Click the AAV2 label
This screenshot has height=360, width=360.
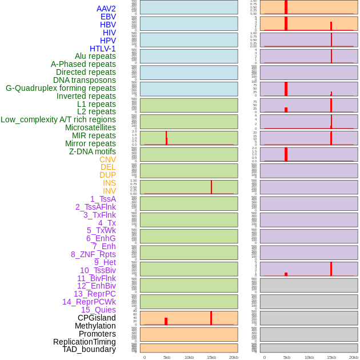(106, 9)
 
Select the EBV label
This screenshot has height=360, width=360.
(108, 17)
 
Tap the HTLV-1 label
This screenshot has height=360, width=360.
(103, 49)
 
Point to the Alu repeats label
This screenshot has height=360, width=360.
(95, 56)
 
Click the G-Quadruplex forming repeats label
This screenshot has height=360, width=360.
(61, 88)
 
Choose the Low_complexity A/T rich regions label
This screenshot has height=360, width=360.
(58, 119)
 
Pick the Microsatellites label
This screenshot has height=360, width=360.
(90, 127)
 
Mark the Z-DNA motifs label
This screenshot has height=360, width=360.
(93, 151)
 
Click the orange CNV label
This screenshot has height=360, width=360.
(107, 159)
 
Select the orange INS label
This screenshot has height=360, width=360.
(109, 183)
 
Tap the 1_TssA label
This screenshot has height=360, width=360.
(103, 199)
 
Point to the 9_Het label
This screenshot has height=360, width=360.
(105, 262)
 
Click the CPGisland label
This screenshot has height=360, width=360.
(97, 318)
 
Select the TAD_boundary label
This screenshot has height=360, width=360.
(89, 349)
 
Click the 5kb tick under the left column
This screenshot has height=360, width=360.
(167, 357)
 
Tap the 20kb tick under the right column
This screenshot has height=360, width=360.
(354, 357)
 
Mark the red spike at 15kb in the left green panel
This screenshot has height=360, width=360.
(211, 187)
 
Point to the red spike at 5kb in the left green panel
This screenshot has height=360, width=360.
(166, 137)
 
